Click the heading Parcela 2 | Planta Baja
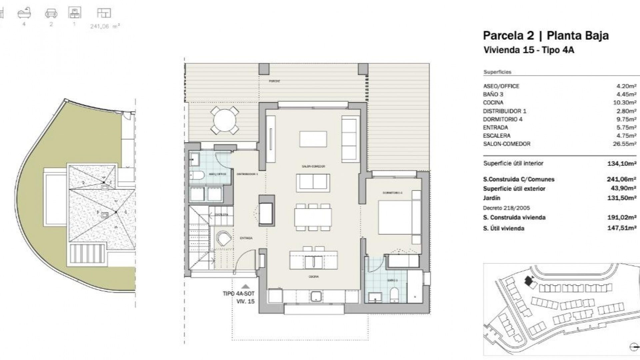click(x=546, y=35)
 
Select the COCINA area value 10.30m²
click(x=626, y=103)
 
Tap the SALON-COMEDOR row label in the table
click(x=506, y=144)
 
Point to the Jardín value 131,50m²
click(x=622, y=198)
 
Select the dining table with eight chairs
click(x=313, y=217)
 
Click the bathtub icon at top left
click(x=24, y=14)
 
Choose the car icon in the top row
click(x=51, y=14)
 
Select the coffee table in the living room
click(x=313, y=139)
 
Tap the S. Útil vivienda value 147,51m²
click(x=622, y=228)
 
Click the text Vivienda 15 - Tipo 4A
click(x=529, y=50)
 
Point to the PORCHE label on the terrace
click(x=275, y=81)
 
